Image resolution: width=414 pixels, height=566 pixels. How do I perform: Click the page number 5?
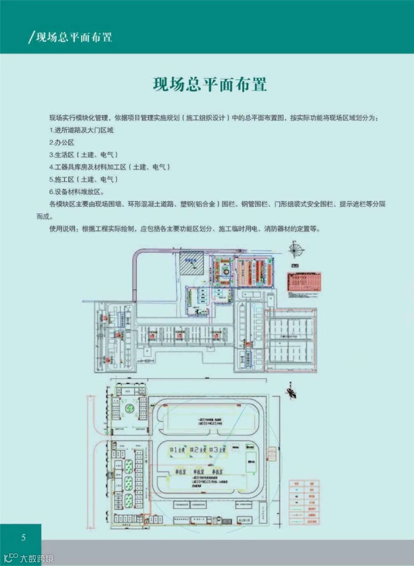pos(23,537)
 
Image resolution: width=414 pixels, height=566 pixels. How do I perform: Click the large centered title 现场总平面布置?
pos(210,85)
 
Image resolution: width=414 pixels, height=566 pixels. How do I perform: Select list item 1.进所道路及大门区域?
pos(81,130)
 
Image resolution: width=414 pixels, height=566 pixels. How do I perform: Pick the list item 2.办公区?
pos(62,143)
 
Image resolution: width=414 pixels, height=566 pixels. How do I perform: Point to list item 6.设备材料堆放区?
pos(77,192)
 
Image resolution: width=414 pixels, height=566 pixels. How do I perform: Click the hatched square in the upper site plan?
pos(192,262)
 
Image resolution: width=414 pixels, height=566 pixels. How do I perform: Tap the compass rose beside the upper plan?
pos(296,249)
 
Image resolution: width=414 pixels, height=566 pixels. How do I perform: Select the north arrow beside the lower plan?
pos(291,392)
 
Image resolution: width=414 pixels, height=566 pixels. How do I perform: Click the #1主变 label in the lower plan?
pos(177,450)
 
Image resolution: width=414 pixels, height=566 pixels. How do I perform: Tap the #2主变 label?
pos(198,450)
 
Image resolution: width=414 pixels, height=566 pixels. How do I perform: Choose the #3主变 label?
pos(217,450)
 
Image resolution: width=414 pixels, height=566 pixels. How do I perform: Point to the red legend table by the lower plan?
pos(304,502)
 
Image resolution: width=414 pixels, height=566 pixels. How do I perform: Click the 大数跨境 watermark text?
pos(37,558)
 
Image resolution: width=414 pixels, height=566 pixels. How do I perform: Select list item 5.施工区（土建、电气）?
pos(84,179)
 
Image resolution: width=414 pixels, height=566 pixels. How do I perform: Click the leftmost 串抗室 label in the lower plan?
pos(181,472)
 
